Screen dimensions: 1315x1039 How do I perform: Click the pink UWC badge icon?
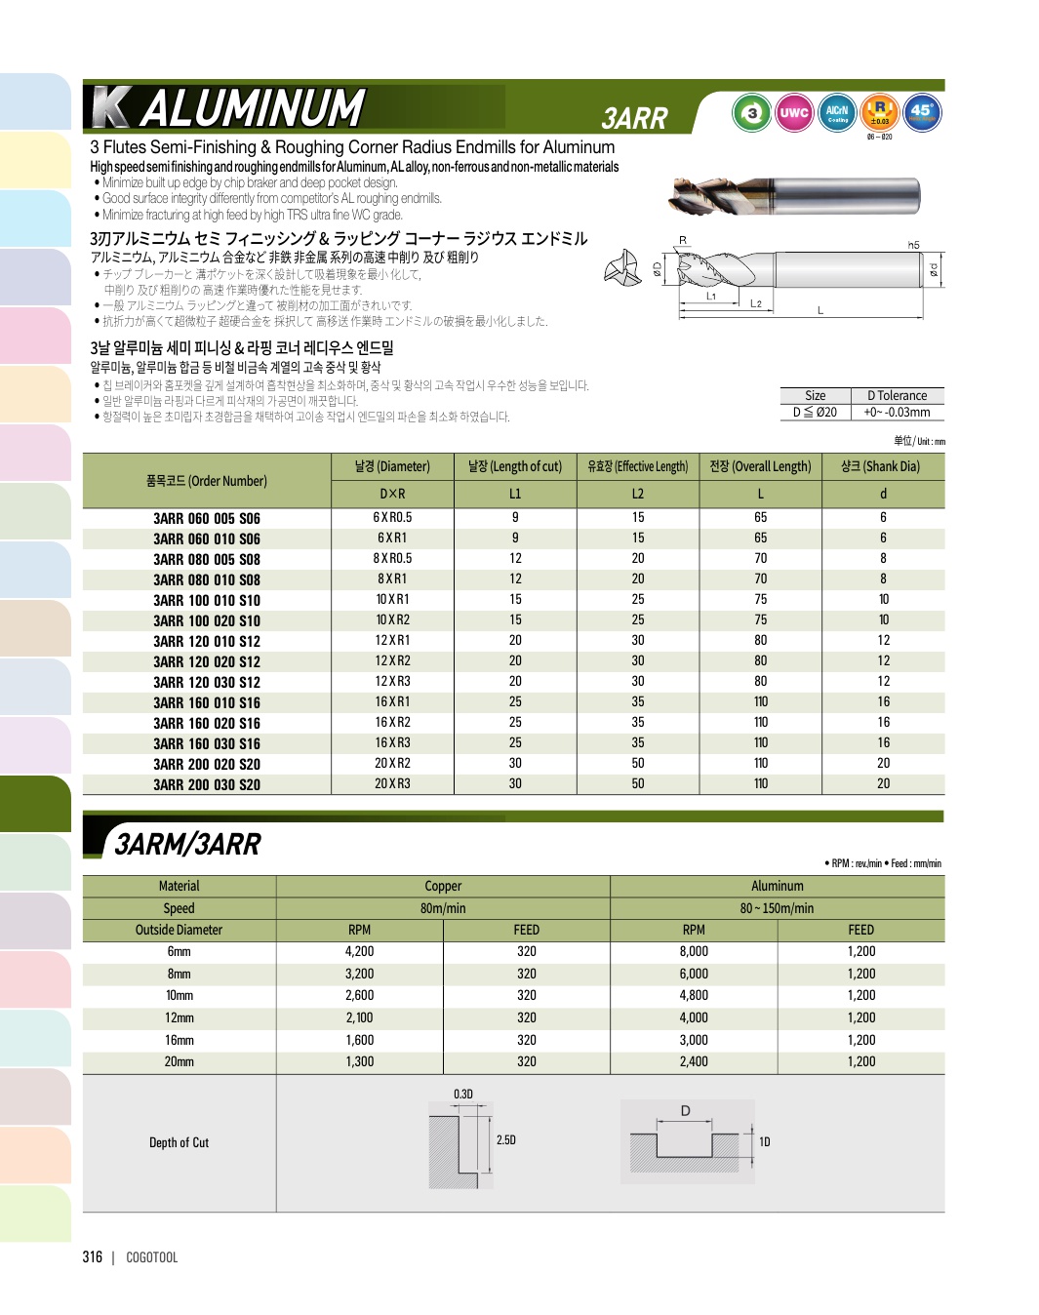(793, 113)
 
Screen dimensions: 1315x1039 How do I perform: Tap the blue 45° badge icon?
(921, 113)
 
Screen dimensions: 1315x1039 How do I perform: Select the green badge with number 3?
(751, 113)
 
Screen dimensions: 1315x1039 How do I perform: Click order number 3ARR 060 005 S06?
(207, 519)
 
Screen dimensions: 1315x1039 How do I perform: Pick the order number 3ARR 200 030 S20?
(207, 784)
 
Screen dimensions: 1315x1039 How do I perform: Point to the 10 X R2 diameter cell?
(392, 620)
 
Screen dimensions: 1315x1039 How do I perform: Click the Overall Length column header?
(760, 466)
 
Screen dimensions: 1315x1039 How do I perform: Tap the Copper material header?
(443, 886)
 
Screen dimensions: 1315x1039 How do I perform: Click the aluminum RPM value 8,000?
(694, 951)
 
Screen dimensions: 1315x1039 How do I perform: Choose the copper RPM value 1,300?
(359, 1061)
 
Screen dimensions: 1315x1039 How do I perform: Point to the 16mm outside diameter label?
(180, 1040)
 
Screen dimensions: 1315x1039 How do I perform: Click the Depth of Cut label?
(180, 1142)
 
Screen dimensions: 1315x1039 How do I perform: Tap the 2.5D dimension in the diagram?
(506, 1139)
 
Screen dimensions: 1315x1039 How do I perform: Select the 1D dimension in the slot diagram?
(765, 1141)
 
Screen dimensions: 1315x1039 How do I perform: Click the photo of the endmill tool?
(795, 196)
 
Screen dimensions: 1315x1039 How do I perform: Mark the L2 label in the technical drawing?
(756, 304)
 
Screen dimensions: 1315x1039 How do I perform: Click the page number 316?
(93, 1256)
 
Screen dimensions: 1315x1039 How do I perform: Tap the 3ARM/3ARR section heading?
(188, 844)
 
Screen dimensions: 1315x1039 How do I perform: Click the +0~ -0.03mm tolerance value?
(897, 412)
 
